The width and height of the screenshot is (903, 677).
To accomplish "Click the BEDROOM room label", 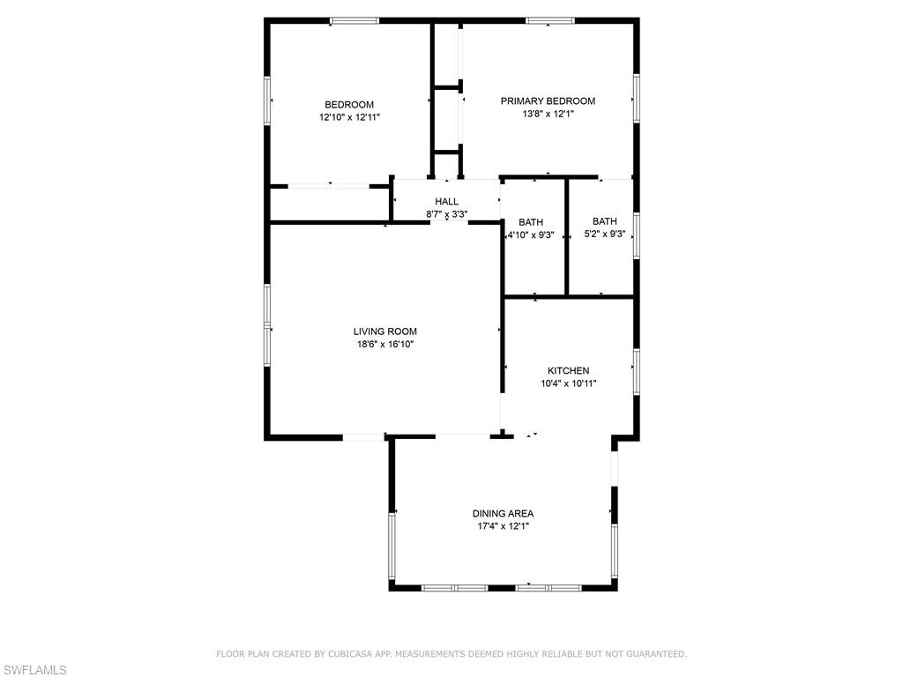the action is tap(349, 105).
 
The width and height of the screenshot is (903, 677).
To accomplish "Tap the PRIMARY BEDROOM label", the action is tap(548, 101).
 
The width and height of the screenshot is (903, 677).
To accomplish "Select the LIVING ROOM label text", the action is tap(385, 331).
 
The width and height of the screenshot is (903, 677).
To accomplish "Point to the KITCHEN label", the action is tap(569, 371).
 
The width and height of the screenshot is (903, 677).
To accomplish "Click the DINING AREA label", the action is tap(504, 514).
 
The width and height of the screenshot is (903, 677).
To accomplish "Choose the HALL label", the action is tap(447, 202).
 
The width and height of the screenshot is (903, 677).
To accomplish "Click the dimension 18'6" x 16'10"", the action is tap(385, 345).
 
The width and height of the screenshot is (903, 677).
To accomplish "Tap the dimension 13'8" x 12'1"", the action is tap(549, 114).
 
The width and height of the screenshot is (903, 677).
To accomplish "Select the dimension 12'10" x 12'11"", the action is tap(349, 117).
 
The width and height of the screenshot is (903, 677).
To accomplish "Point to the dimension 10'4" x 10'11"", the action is tap(569, 383).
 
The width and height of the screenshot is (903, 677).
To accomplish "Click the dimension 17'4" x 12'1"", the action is tap(504, 526).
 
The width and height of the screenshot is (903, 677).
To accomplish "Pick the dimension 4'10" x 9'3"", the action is tap(531, 234).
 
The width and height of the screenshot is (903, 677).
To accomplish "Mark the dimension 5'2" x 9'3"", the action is tap(605, 234).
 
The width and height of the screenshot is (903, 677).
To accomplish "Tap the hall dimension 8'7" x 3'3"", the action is tap(447, 214).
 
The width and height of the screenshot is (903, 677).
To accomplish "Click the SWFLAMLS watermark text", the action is tap(34, 670).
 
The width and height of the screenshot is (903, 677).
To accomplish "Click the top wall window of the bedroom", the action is tap(354, 21).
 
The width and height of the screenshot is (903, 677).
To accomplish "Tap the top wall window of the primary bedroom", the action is tap(550, 21).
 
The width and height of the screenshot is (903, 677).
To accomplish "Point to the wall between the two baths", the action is tap(567, 237).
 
